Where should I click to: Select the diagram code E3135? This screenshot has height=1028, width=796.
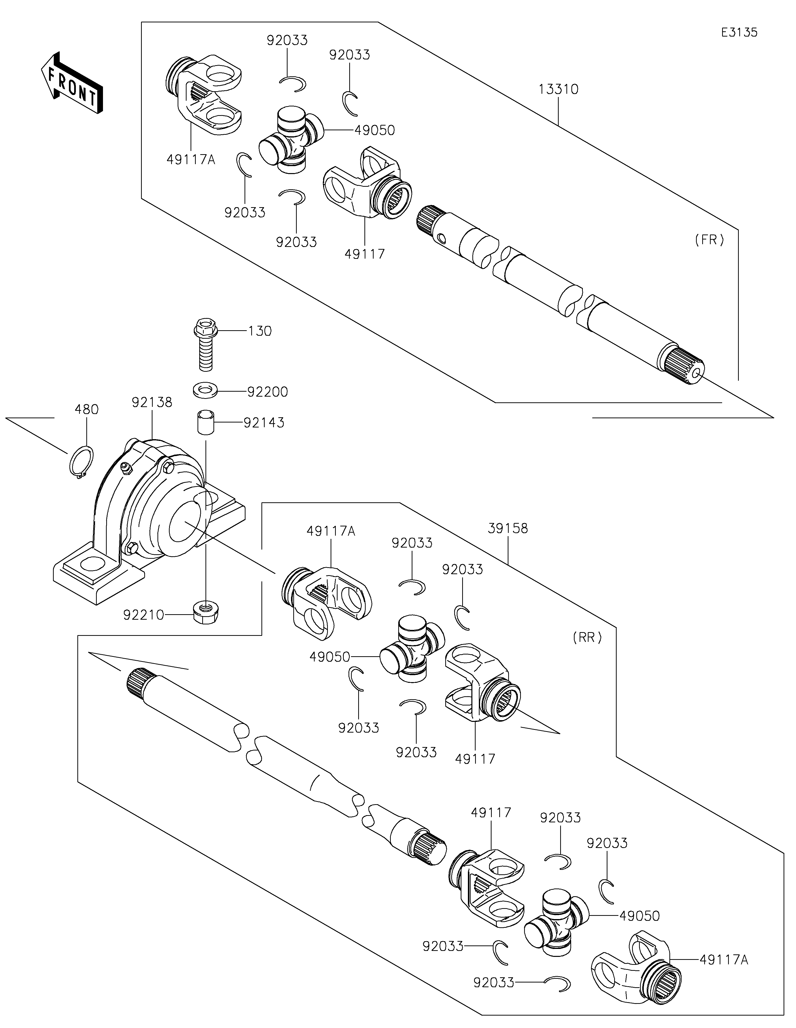[x=739, y=33]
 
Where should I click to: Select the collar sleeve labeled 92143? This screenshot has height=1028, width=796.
[x=205, y=422]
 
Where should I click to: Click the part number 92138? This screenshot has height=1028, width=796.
[x=152, y=402]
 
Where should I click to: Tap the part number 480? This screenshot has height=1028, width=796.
[x=87, y=410]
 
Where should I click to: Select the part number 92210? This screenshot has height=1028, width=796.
[x=144, y=615]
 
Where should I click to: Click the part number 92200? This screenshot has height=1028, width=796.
[x=267, y=392]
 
